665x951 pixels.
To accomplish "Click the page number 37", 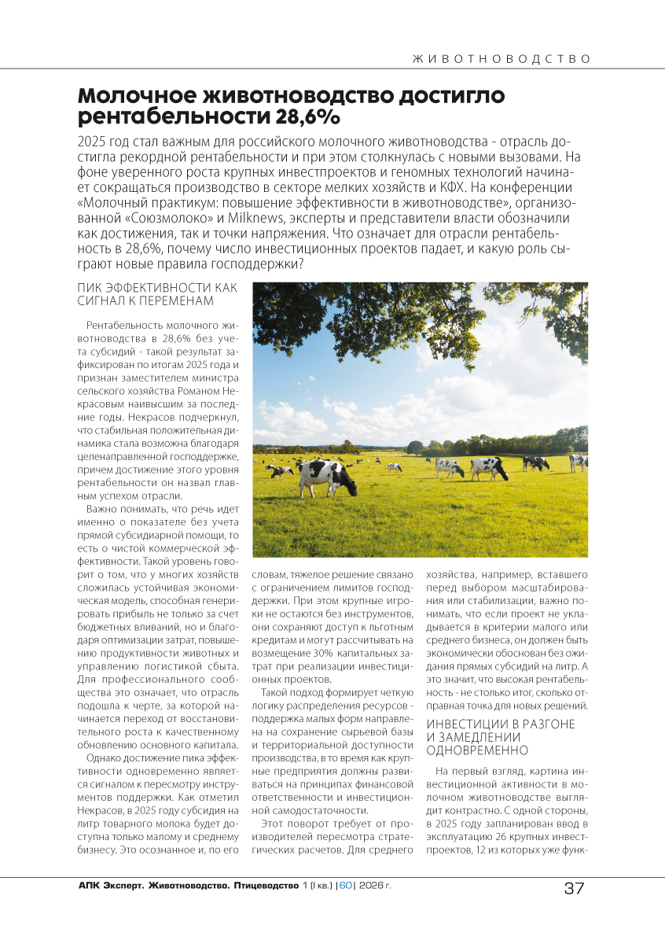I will (575, 888).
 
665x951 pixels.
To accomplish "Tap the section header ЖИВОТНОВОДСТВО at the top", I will (501, 59).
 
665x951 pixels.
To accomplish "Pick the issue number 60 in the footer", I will (345, 886).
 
